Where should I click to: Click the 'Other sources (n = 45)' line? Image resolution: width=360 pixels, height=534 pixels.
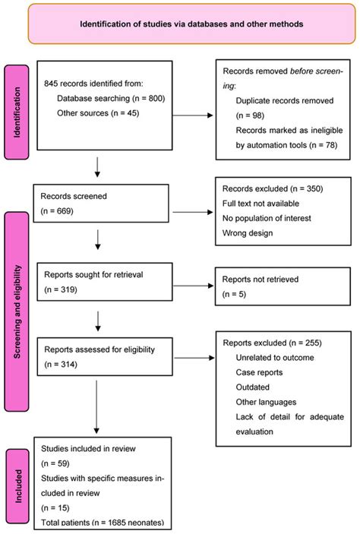click(97, 113)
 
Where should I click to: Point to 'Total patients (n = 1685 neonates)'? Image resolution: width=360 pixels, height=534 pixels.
click(103, 522)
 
